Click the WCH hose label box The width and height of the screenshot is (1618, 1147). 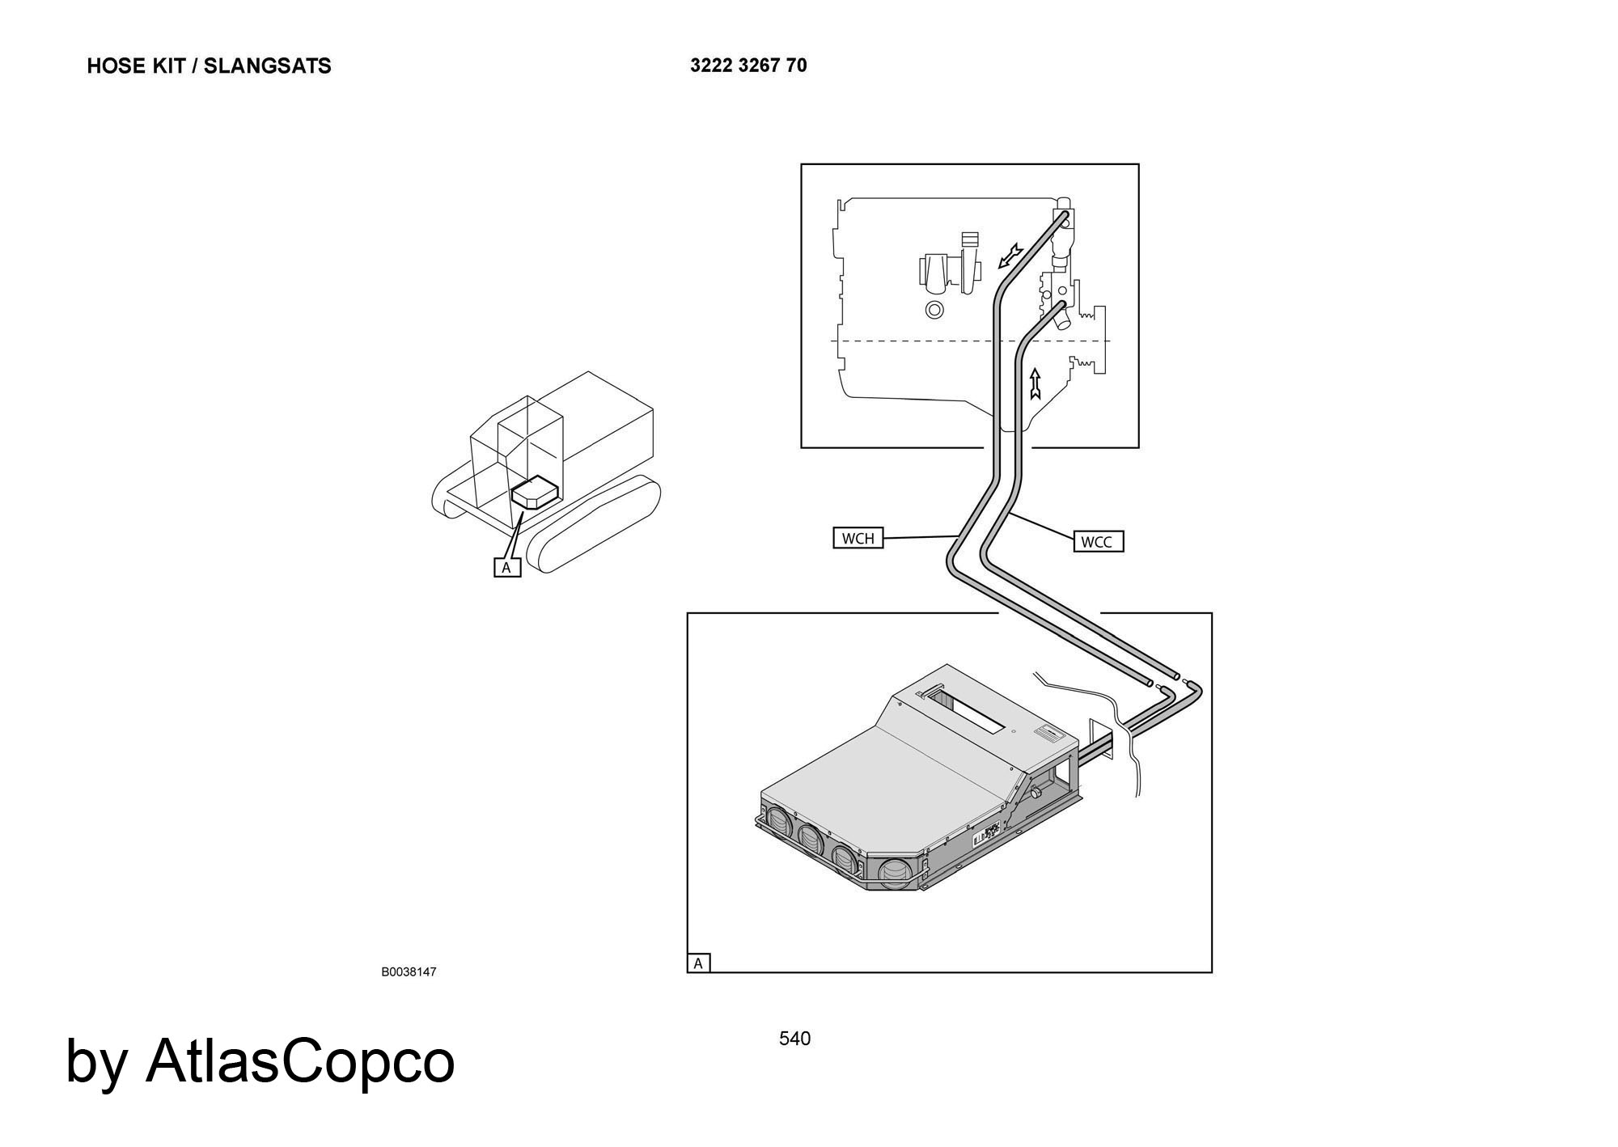click(x=858, y=538)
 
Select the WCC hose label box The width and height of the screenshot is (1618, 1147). click(x=1097, y=541)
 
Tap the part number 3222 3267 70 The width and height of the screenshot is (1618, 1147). click(x=748, y=66)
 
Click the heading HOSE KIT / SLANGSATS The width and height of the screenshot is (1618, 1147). click(x=209, y=66)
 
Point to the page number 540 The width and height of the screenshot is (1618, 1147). click(x=794, y=1039)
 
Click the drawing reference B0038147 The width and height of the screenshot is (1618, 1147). click(x=409, y=971)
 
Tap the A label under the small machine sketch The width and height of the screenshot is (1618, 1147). click(x=506, y=567)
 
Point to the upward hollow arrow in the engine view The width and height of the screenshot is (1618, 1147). click(x=1035, y=384)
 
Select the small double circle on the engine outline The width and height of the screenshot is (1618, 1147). click(x=934, y=310)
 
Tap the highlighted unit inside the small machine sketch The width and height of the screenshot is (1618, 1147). click(x=534, y=493)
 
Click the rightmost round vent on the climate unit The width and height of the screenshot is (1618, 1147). click(x=896, y=874)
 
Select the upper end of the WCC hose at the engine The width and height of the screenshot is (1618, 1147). click(x=1060, y=307)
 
